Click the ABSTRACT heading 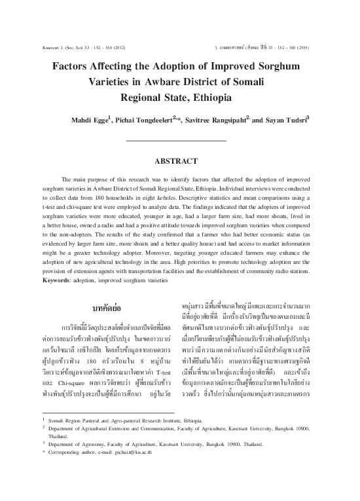click(180, 160)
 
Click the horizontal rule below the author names click(179, 141)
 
